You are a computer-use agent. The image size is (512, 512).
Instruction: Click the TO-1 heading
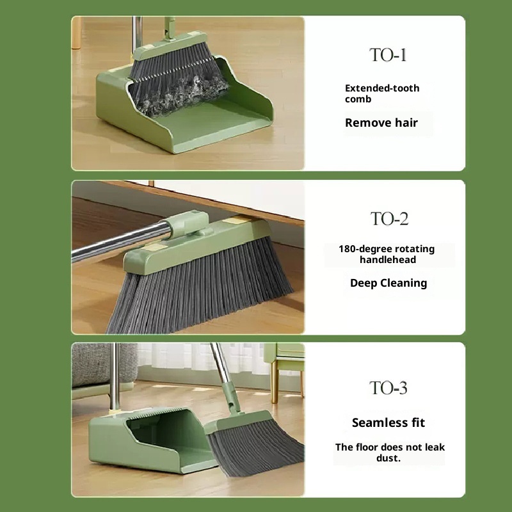[388, 55]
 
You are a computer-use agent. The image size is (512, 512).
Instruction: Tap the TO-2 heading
[389, 218]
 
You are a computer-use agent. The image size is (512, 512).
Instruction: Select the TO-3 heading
[388, 388]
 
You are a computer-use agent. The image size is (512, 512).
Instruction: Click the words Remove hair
[381, 122]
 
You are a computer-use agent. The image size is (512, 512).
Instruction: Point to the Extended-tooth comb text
[382, 93]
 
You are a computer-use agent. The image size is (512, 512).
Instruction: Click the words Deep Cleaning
[388, 283]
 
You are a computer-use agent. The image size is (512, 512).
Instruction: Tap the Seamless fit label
[388, 422]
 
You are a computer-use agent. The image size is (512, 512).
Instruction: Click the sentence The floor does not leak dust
[390, 452]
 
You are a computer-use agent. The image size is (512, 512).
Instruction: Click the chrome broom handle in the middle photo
[121, 242]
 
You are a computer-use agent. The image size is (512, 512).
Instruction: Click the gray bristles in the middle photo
[199, 287]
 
